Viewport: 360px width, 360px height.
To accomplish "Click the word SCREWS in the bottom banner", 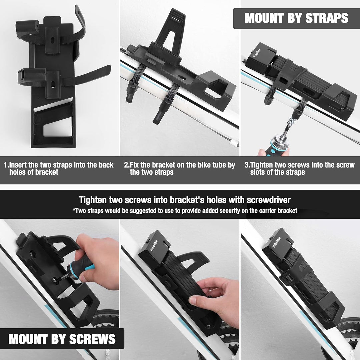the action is (x=92, y=339).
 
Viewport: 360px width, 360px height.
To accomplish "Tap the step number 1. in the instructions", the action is (x=6, y=165).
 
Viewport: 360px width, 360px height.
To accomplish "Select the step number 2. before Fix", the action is (x=127, y=165).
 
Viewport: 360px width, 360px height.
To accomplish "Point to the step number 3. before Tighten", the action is (x=247, y=165).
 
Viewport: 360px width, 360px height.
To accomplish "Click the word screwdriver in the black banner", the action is (x=269, y=200).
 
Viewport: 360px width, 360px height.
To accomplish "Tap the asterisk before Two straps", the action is (x=74, y=209).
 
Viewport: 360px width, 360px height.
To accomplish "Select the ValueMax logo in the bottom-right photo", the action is (x=276, y=243).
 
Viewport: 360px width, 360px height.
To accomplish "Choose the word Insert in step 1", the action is (x=18, y=165).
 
